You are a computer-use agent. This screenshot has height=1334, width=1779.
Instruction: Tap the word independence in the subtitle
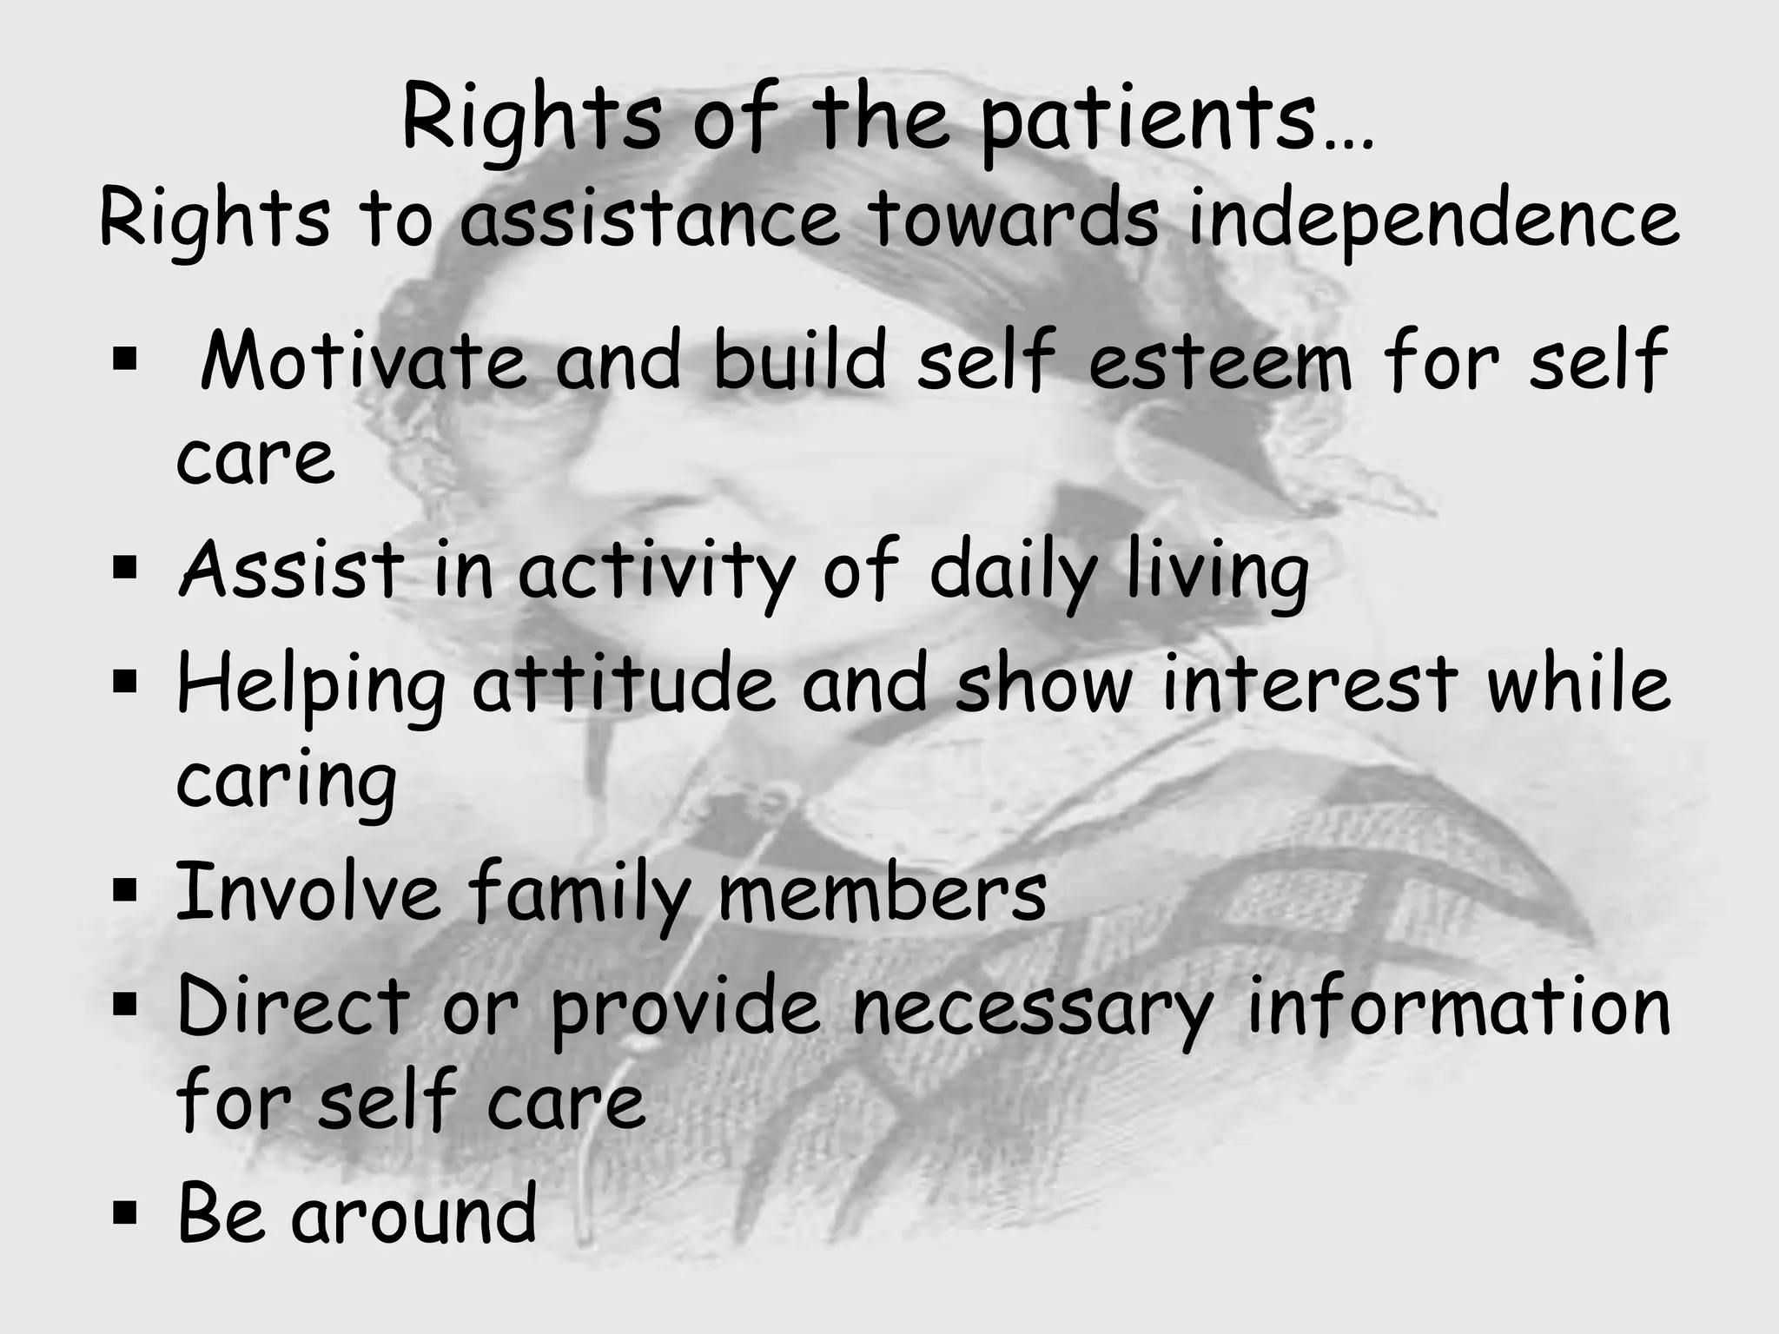1432,220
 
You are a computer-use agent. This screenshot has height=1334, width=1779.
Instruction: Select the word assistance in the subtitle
649,220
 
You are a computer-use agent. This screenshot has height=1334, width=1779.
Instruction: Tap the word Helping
311,686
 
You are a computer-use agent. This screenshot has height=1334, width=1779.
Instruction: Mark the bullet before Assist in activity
125,568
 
